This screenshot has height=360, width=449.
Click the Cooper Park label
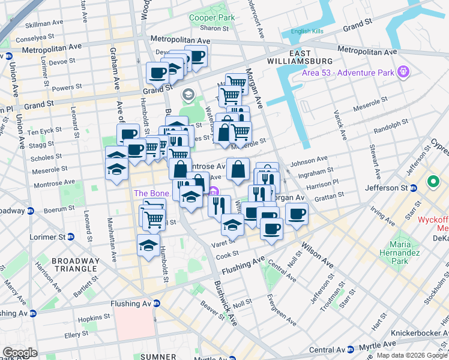tap(212, 18)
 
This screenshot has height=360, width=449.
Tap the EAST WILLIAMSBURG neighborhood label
tap(309, 57)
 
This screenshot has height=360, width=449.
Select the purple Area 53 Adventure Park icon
tap(403, 73)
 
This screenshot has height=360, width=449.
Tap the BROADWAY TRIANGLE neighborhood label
tap(75, 265)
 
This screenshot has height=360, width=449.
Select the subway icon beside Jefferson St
tap(414, 188)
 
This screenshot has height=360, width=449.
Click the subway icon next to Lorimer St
tap(71, 237)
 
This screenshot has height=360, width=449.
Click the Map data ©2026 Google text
tap(411, 355)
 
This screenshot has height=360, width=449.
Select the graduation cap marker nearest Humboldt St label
tap(148, 245)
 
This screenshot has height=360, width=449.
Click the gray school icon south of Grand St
tap(188, 94)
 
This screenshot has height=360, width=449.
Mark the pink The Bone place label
tap(148, 193)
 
